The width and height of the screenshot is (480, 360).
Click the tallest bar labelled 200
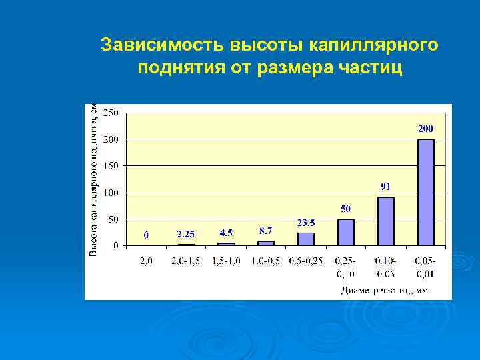(x=425, y=192)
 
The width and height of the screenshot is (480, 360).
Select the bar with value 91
(x=386, y=221)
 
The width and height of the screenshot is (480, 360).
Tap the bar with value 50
(x=346, y=232)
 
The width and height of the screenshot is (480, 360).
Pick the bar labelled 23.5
(x=306, y=239)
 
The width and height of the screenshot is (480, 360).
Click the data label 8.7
(x=265, y=230)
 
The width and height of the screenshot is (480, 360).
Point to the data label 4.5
(x=226, y=233)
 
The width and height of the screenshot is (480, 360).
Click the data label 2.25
(x=185, y=234)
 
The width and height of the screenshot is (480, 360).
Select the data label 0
(x=147, y=235)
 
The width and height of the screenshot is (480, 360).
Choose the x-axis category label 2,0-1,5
(x=185, y=261)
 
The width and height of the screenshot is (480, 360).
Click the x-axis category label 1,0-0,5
(x=265, y=261)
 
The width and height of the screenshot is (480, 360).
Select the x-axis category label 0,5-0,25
(x=305, y=261)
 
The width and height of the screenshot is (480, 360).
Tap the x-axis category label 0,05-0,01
(x=425, y=267)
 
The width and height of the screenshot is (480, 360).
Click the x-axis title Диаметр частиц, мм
(x=383, y=289)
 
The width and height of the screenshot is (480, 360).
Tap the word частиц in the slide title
(x=376, y=68)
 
